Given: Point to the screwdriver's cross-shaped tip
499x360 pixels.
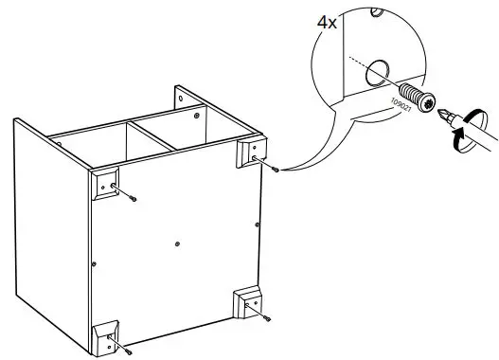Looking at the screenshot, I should click(444, 116).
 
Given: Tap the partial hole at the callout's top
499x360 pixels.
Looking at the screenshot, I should click(378, 11).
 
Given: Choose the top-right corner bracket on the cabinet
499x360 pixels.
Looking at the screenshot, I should click(250, 152).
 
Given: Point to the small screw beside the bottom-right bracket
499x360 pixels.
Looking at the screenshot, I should click(268, 319).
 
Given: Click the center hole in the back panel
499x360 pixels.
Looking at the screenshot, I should click(177, 243).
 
